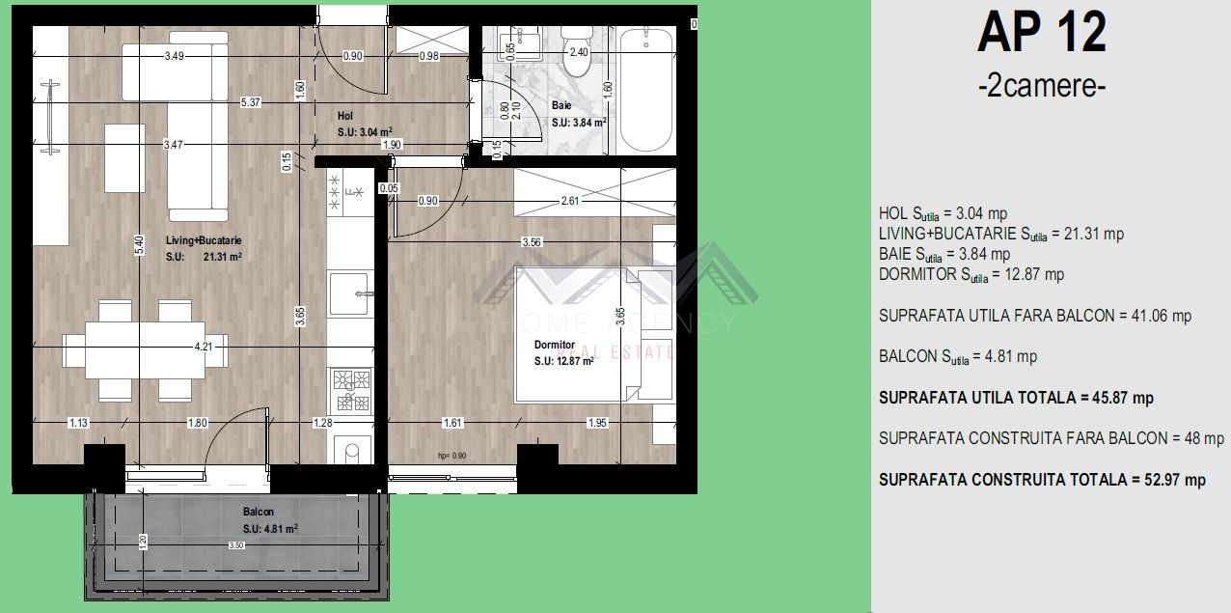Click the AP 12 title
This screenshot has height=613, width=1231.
coord(1041,33)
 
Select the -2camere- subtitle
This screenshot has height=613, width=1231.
coord(1041,86)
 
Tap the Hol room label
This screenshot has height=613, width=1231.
coord(345,116)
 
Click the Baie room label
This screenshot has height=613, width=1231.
coord(561,105)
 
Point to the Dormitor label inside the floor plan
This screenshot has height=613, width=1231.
coord(555,345)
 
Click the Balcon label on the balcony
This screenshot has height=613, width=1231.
coord(259,512)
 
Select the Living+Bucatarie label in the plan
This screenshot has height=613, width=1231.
coord(204,240)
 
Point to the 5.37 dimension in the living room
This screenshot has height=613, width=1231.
coord(251,101)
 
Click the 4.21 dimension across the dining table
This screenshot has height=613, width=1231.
coord(204,346)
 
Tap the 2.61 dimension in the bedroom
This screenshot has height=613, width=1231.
coord(570,201)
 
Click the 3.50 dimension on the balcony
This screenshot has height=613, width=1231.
coord(236,545)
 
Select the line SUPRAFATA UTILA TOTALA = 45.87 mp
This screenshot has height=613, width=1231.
coord(1016,398)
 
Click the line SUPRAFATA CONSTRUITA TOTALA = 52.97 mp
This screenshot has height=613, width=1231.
coord(1042,480)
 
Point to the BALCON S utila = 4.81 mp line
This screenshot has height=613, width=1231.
coord(958,357)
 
